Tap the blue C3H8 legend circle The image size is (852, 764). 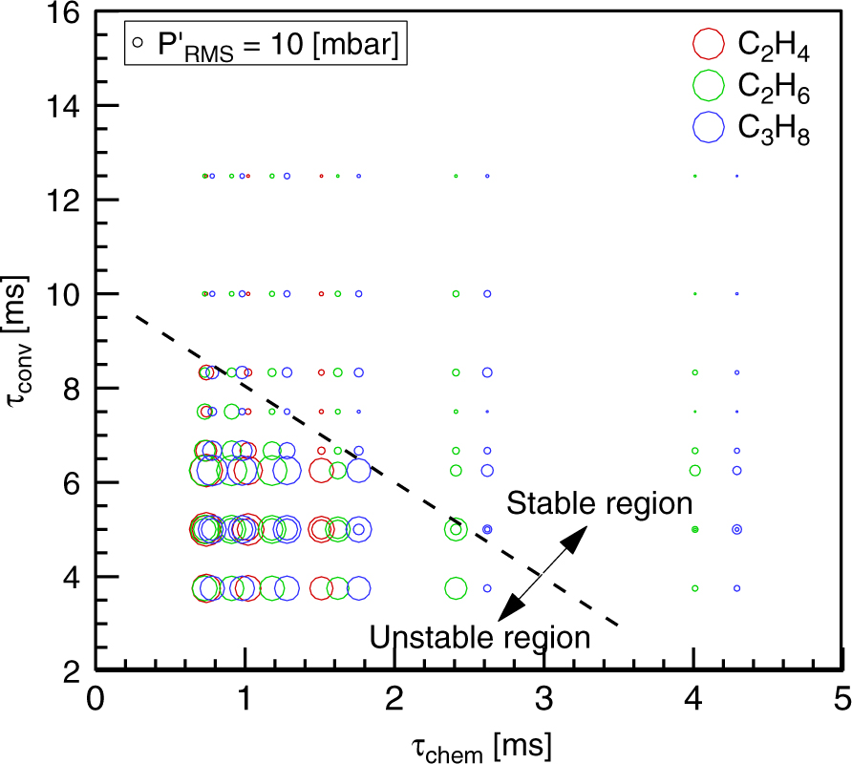coord(708,127)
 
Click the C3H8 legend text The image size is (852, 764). coord(774,129)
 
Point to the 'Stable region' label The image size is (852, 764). coord(599,503)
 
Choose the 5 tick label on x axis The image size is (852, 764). coord(841,700)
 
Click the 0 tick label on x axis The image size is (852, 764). coord(95,700)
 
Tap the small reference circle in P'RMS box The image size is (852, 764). coord(139,42)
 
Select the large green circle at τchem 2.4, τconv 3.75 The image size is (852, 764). coord(456,588)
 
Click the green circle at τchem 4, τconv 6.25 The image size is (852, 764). coord(695,470)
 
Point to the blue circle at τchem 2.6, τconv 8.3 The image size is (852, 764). coord(487,372)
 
